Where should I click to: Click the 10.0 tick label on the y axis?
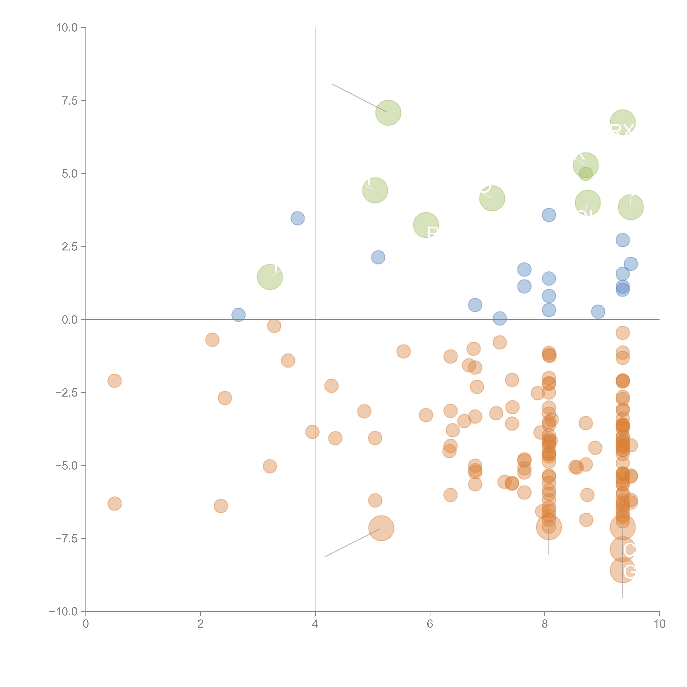point(67,28)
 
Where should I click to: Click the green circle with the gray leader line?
point(388,113)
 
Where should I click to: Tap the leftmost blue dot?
point(238,315)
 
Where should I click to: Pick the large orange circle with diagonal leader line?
point(381,528)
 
